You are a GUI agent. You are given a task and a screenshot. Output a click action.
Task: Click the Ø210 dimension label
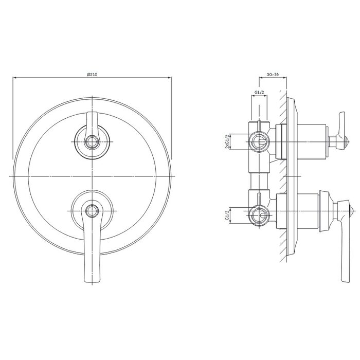click(92, 75)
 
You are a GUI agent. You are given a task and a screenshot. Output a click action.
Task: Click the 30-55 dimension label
click(273, 75)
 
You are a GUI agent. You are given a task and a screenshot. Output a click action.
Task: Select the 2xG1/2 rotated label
click(227, 141)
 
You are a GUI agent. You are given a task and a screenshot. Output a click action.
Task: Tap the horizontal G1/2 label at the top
click(259, 92)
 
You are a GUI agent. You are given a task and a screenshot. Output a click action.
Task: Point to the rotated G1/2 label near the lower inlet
click(227, 215)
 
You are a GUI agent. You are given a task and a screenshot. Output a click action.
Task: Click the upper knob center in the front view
click(92, 141)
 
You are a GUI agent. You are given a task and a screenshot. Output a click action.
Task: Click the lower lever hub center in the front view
click(92, 211)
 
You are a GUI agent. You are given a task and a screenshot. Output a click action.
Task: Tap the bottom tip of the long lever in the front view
click(92, 282)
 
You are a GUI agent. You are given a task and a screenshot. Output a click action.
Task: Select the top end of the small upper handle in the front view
click(92, 112)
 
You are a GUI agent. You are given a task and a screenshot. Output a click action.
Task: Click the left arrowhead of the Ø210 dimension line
click(13, 78)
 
